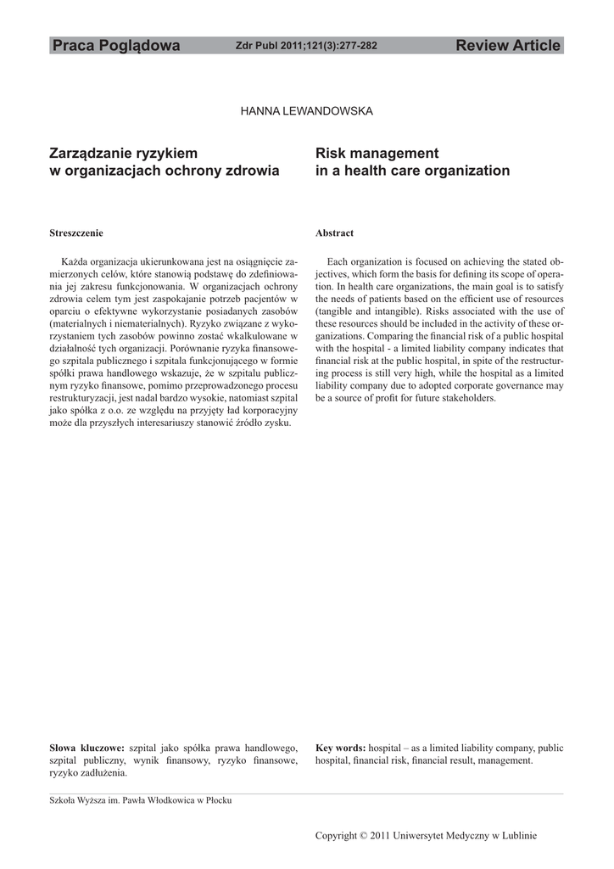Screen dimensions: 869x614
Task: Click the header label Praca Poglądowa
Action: [x=115, y=46]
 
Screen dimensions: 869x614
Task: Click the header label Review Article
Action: [x=508, y=46]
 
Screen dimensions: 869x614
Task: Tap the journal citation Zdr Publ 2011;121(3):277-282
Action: [x=306, y=46]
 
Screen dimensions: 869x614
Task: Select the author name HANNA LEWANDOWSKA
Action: [x=307, y=110]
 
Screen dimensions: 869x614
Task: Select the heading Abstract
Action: [x=334, y=233]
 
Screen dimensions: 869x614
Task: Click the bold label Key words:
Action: [x=340, y=748]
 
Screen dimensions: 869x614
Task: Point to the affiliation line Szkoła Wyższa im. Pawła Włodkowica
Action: [x=141, y=799]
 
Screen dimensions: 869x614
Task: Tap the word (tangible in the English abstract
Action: [x=336, y=312]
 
